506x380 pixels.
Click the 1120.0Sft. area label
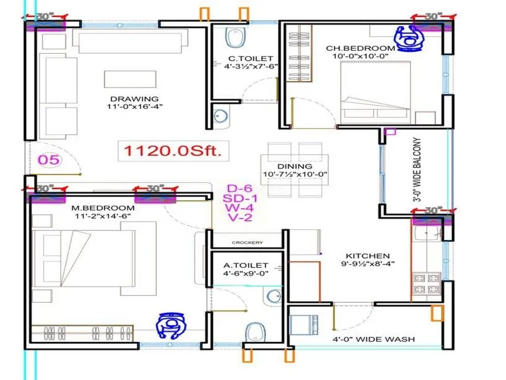click(x=173, y=151)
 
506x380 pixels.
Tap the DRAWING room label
click(x=135, y=99)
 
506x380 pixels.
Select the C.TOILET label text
click(x=250, y=58)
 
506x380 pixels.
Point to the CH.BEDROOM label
click(x=361, y=48)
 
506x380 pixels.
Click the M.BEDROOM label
click(x=103, y=208)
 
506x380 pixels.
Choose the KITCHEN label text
click(x=368, y=256)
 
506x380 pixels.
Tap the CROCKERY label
click(x=247, y=243)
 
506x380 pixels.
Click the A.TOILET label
click(x=246, y=265)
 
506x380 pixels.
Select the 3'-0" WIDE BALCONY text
click(x=418, y=170)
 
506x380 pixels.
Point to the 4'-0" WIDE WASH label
click(x=374, y=339)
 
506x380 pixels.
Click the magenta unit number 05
click(x=49, y=160)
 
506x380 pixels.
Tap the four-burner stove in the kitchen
click(x=428, y=284)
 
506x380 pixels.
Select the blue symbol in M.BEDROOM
click(x=171, y=326)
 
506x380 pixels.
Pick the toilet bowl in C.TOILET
click(x=234, y=38)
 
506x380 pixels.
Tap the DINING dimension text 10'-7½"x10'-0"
click(x=295, y=175)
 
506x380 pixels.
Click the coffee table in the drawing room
click(x=130, y=79)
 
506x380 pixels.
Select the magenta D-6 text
click(x=240, y=188)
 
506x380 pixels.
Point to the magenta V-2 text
click(x=240, y=217)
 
